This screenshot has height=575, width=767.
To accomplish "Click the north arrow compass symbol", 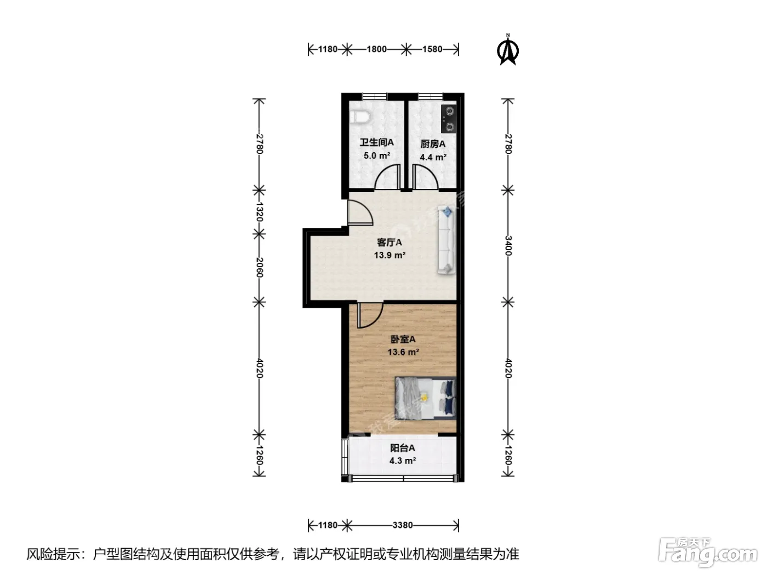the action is tap(508, 50).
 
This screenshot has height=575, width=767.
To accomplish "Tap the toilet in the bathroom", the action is tap(359, 117).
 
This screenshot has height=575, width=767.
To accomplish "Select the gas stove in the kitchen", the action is tap(449, 119).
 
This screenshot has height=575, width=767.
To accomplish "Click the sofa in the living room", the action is tap(447, 239).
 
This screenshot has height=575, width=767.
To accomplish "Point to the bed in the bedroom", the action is tap(426, 398).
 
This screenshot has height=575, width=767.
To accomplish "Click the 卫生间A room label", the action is tap(377, 142).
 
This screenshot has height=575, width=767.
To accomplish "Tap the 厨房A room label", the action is tap(433, 144).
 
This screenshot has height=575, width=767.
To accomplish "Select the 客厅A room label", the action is tap(390, 242).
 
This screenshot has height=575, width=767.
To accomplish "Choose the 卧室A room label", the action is tap(403, 340).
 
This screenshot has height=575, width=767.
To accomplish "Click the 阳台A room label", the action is tap(403, 448).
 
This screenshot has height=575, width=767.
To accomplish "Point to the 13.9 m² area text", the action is tap(390, 255).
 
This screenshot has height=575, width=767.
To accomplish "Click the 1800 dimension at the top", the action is tap(376, 49).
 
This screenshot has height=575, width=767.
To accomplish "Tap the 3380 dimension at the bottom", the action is tap(403, 525).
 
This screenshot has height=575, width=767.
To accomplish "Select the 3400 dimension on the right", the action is tap(508, 246).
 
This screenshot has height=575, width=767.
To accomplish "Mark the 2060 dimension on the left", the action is tap(259, 267).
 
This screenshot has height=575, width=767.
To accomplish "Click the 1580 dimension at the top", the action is tap(432, 49).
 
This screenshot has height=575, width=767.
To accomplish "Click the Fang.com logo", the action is tap(708, 553).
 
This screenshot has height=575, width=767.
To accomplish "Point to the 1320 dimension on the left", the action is tap(259, 211).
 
